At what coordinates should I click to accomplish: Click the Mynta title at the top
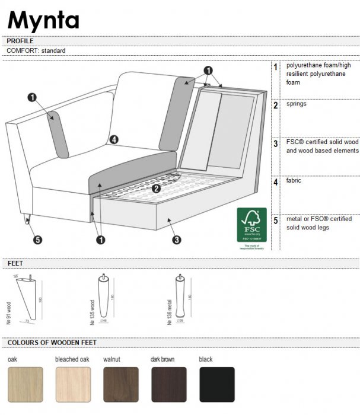43,20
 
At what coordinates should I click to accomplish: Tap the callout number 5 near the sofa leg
38,240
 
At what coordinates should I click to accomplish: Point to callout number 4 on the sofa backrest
114,140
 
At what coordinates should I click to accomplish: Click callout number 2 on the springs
156,189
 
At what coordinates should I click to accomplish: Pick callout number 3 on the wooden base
177,240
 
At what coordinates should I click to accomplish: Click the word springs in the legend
297,104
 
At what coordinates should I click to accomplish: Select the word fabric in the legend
294,181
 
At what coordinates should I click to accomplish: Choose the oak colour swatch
25,384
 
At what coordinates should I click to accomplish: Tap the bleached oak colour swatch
73,384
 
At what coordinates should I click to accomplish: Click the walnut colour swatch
121,384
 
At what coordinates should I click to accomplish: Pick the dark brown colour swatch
169,384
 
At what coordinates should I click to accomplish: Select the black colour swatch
216,384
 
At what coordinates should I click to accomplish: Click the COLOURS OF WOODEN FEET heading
52,343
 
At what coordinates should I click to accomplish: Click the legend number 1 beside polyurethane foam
276,67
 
